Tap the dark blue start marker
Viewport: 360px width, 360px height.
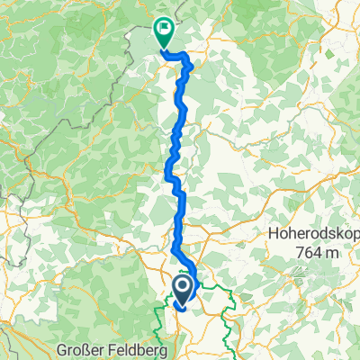click(x=181, y=289)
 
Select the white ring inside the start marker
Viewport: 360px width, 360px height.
click(x=181, y=287)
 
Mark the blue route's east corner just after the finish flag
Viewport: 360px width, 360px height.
click(x=190, y=57)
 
